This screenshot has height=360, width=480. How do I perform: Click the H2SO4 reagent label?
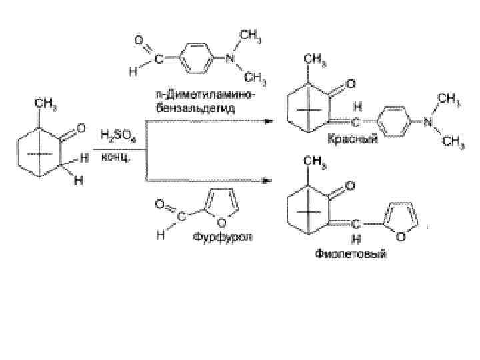coord(116,135)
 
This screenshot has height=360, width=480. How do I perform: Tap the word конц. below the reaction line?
coord(115,157)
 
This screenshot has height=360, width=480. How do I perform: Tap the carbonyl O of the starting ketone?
coord(82,126)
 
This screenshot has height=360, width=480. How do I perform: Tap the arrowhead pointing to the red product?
coord(268,121)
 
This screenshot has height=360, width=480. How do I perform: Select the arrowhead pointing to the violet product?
coord(268,180)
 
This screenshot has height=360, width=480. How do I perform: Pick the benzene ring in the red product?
coord(394,123)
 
